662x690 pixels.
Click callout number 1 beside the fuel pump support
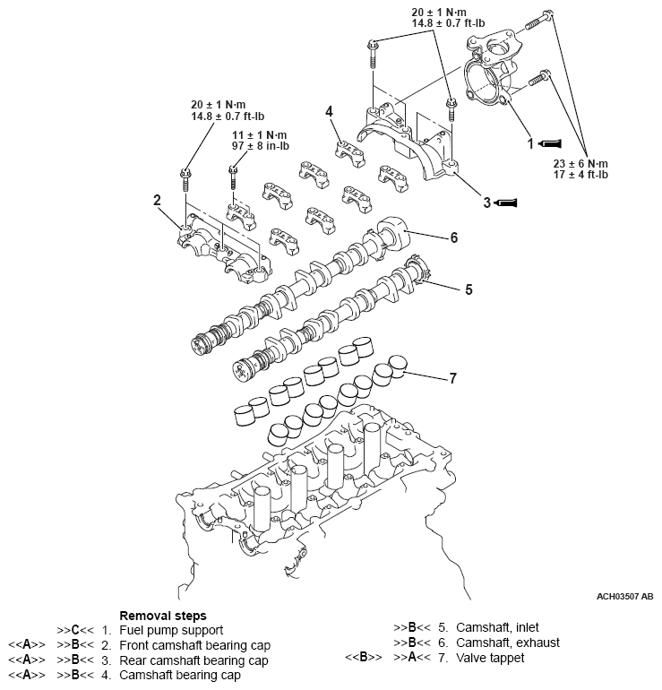[x=530, y=142]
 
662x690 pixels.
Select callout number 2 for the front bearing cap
[x=157, y=201]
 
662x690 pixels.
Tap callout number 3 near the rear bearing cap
[x=487, y=203]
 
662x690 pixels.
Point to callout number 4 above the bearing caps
[x=330, y=111]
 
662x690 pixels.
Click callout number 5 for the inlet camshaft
[x=468, y=289]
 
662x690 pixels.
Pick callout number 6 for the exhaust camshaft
[x=454, y=237]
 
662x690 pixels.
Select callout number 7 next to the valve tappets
[x=452, y=378]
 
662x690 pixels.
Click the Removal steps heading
[x=162, y=616]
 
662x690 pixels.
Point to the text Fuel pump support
[x=171, y=630]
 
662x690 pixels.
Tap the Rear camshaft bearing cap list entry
[x=193, y=659]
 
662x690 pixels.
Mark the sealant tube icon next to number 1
[x=551, y=142]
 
